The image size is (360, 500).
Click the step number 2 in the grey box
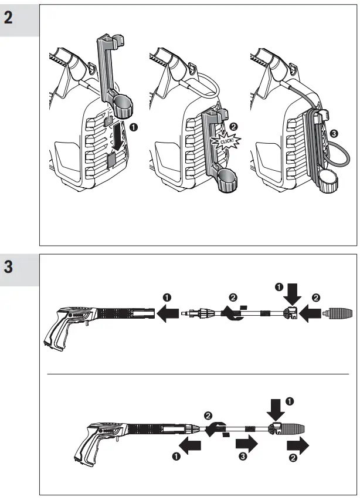point(9,17)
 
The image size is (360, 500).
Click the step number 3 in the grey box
point(9,266)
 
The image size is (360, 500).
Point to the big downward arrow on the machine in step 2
point(117,134)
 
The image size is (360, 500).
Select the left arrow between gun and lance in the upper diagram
point(169,316)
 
